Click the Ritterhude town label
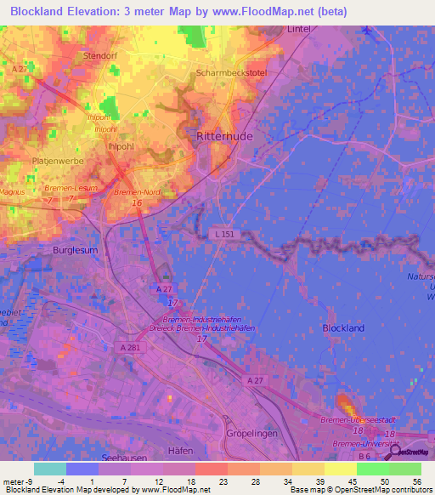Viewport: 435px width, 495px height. (226, 135)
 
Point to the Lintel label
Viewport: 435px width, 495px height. (300, 29)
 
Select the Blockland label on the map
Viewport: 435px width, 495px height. (343, 327)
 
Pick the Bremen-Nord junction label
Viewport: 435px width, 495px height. (137, 193)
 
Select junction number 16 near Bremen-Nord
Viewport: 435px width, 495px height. (137, 203)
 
